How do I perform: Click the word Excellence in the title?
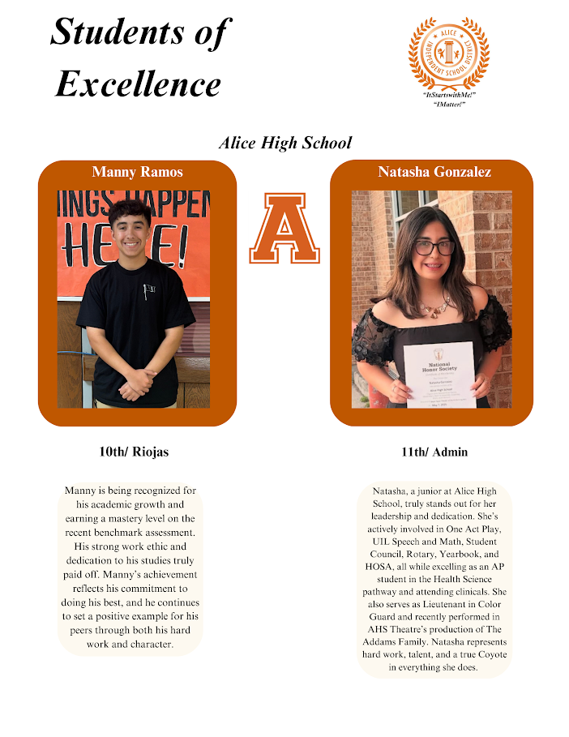tap(138, 83)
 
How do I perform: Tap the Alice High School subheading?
tap(284, 143)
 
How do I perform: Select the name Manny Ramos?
tap(138, 172)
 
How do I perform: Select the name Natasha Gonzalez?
tap(434, 172)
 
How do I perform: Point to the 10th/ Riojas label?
tap(134, 452)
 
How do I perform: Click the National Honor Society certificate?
tap(439, 374)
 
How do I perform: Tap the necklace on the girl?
tap(434, 307)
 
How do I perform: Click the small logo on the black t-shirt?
tap(149, 289)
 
